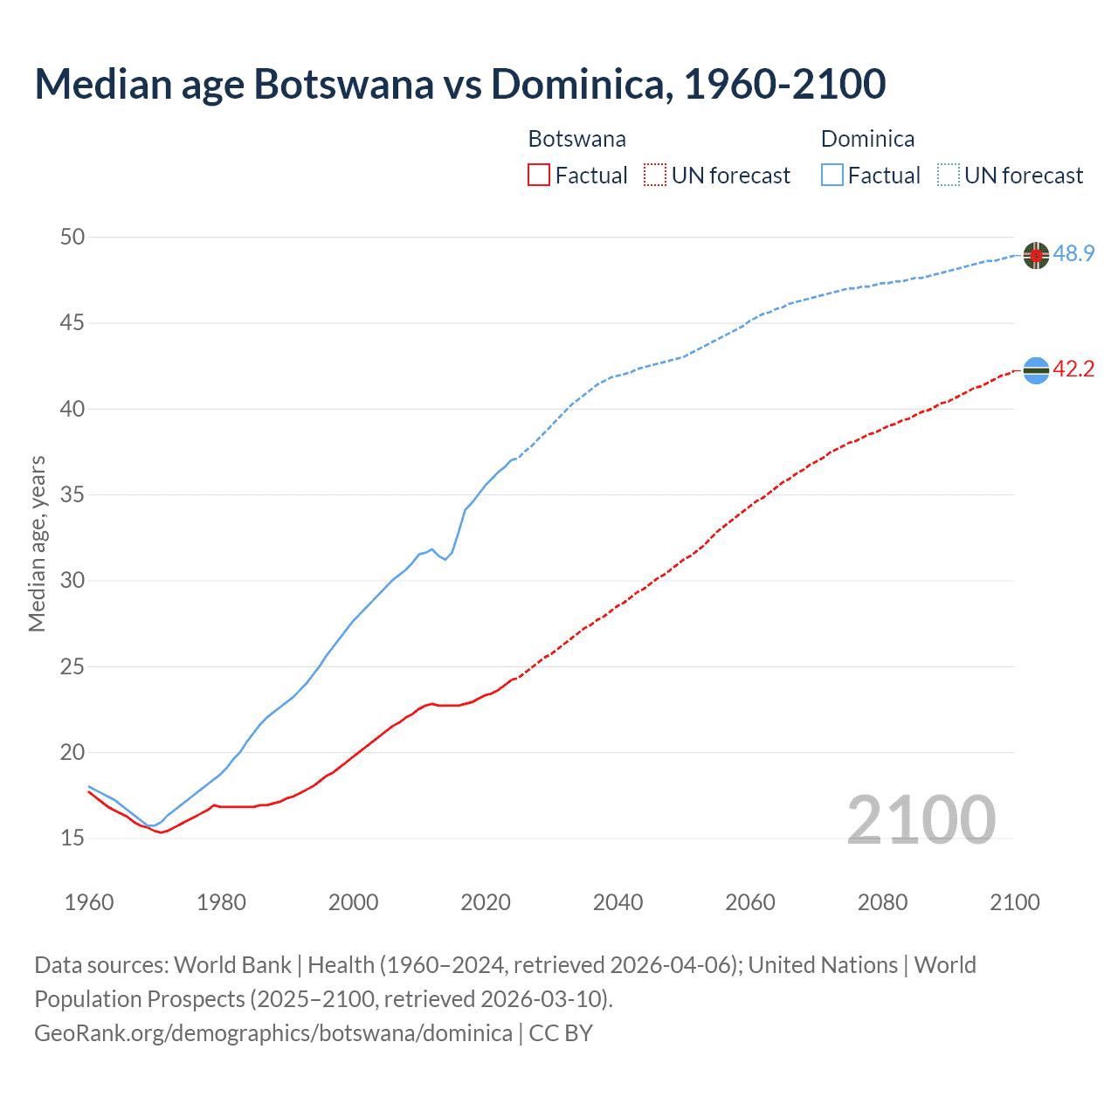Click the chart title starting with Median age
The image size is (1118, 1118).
click(x=460, y=84)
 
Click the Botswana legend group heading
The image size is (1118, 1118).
click(x=576, y=139)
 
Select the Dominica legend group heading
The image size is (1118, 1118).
click(x=867, y=139)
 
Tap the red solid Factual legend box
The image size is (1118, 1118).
click(x=539, y=175)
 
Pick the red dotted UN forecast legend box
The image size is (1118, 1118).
click(x=655, y=175)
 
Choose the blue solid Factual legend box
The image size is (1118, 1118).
click(x=832, y=175)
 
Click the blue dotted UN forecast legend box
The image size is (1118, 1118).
click(x=948, y=175)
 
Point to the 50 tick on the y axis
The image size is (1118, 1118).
click(x=72, y=237)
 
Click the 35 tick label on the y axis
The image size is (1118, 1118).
click(x=72, y=494)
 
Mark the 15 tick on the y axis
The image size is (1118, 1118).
click(x=72, y=838)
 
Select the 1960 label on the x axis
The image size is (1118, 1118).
click(x=89, y=901)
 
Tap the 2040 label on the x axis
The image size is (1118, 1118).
click(x=618, y=901)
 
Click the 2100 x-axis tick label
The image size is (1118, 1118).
click(x=1014, y=901)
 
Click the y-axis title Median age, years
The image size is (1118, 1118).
click(x=37, y=543)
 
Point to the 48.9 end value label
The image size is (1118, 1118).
click(x=1073, y=254)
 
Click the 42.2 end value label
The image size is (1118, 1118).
click(x=1073, y=369)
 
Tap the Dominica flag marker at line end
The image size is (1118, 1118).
click(x=1036, y=255)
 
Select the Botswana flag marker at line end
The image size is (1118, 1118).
click(x=1036, y=370)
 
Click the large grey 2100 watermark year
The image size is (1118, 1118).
click(x=921, y=819)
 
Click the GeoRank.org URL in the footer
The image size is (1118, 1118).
click(x=273, y=1032)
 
